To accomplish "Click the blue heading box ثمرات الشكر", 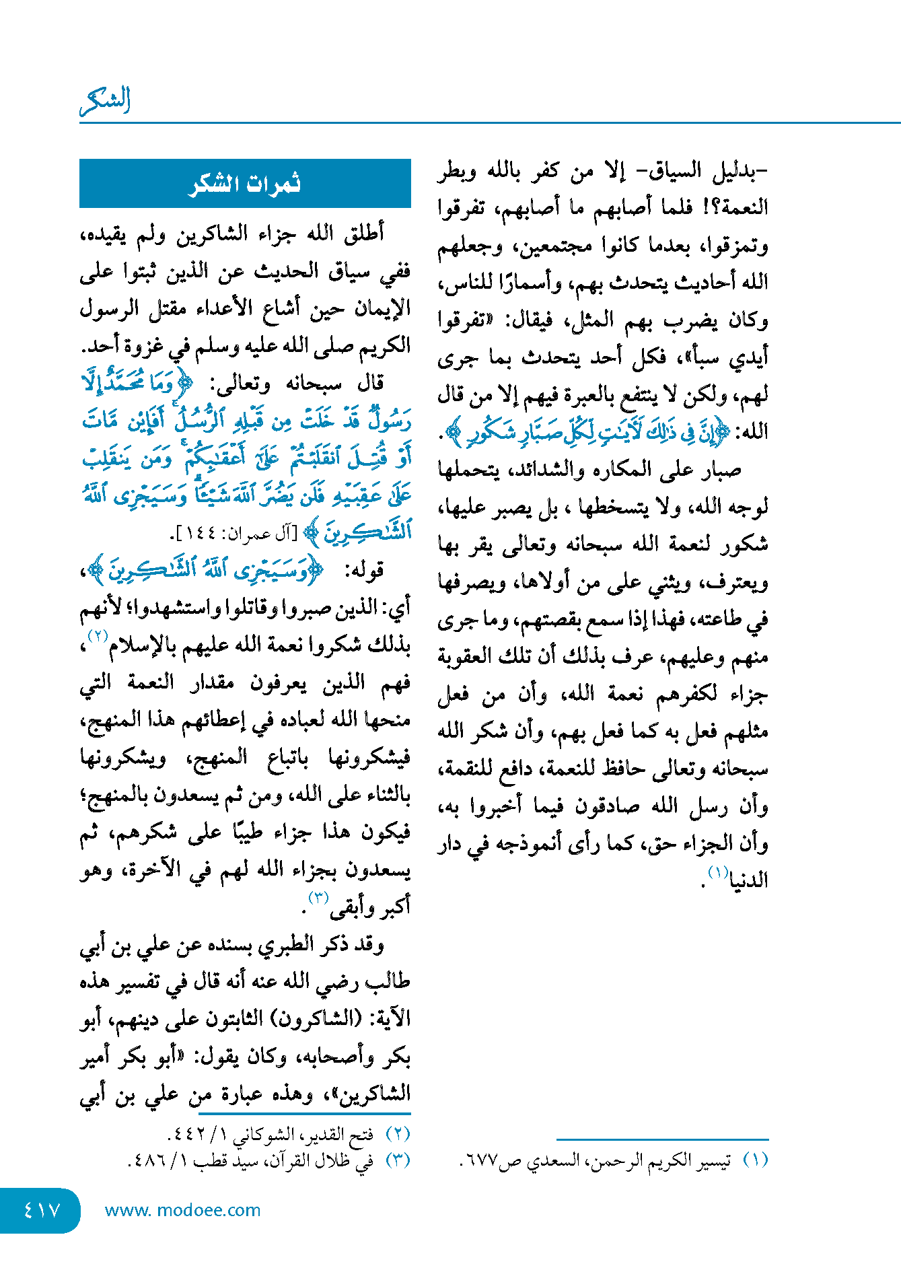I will click(245, 184).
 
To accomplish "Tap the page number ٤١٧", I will click(42, 1210).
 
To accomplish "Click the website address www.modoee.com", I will click(182, 1210).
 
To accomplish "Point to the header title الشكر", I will click(105, 101).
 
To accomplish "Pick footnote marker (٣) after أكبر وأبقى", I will click(318, 897).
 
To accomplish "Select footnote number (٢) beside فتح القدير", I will click(398, 1134).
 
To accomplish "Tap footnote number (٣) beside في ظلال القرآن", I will click(398, 1160).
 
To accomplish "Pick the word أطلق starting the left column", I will click(364, 234).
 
